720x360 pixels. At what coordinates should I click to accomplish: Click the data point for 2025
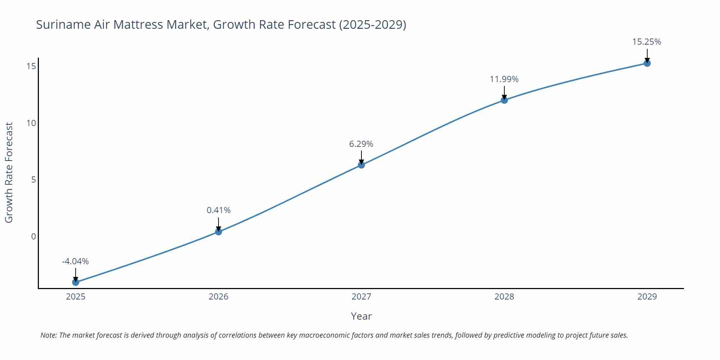(x=76, y=282)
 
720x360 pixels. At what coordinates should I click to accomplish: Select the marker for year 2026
(x=219, y=231)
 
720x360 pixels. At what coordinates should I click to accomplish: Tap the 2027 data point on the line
(x=361, y=165)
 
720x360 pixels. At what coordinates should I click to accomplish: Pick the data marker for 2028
(x=504, y=100)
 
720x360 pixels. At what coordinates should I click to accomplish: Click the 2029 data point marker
(x=647, y=63)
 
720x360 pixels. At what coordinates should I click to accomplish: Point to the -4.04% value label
(x=75, y=261)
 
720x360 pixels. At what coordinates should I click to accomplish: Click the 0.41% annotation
(x=219, y=210)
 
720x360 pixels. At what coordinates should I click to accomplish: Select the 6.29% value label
(x=361, y=144)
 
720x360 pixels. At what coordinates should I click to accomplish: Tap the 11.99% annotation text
(x=504, y=79)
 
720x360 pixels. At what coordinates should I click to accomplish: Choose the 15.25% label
(x=647, y=42)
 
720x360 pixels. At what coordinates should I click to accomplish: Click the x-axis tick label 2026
(x=219, y=297)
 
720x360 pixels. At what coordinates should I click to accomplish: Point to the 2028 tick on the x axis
(x=504, y=297)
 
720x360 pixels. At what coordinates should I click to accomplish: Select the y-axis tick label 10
(x=31, y=123)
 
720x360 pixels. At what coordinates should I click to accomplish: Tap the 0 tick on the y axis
(x=33, y=237)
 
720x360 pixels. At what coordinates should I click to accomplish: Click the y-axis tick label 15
(x=31, y=66)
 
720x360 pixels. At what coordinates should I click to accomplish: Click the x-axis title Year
(x=361, y=316)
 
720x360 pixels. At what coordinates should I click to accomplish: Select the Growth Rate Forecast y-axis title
(x=9, y=172)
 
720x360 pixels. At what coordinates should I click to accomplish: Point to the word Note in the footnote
(x=48, y=335)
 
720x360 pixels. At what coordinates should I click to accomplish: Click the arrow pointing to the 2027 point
(x=361, y=157)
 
